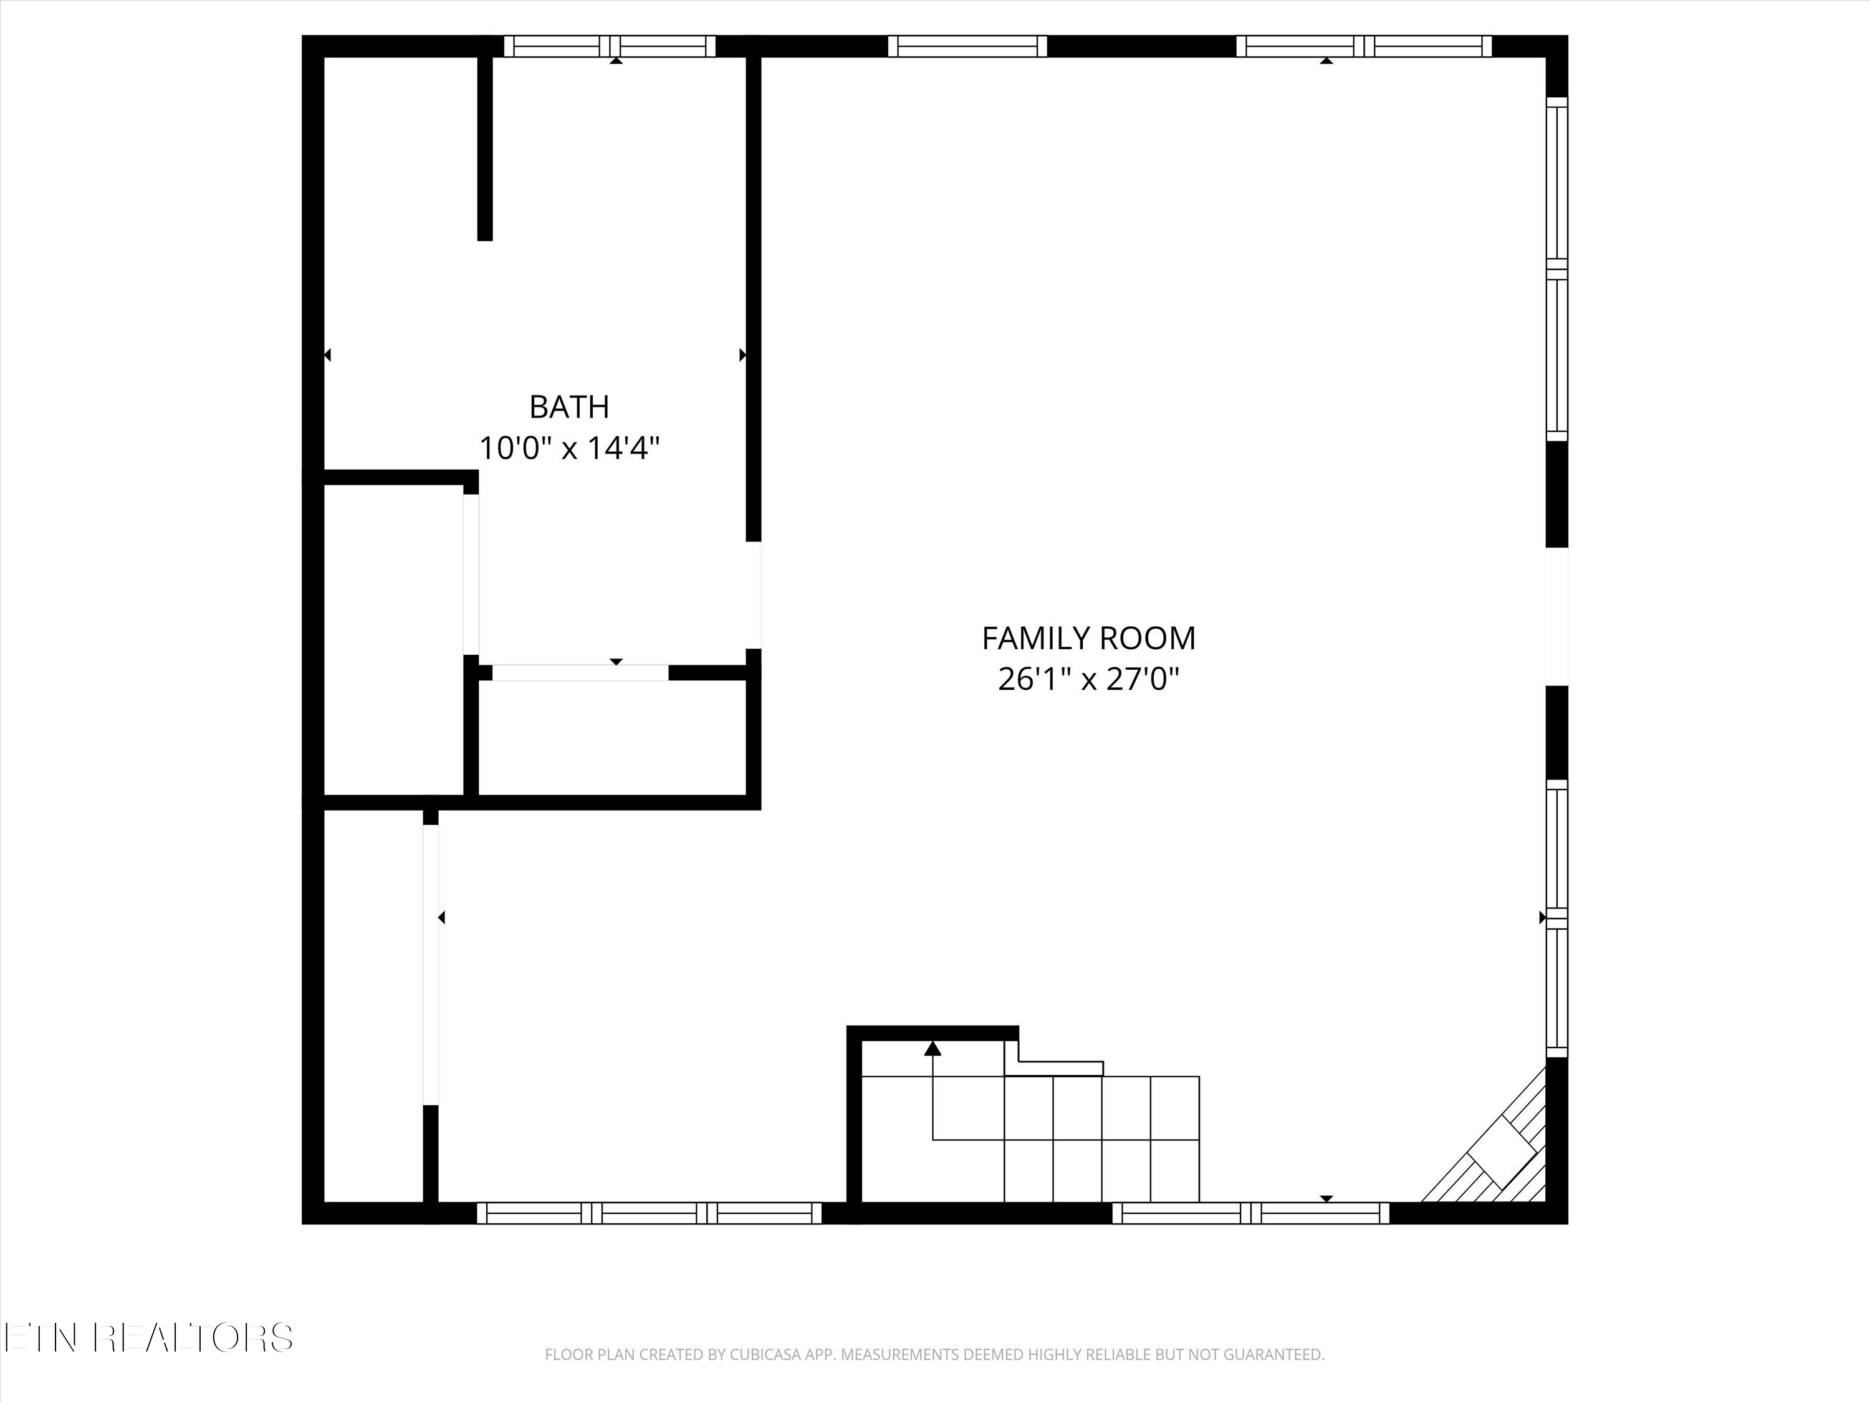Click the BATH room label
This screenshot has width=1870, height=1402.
569,408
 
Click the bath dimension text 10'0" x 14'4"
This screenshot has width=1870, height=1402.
569,448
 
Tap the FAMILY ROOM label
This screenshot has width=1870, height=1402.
1088,638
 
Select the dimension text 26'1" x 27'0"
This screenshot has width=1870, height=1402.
1088,679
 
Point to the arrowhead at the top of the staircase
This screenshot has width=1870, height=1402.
933,1049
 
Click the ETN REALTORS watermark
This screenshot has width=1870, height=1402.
148,1338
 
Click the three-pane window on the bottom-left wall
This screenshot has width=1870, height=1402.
650,1213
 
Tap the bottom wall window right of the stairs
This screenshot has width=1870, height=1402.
1250,1213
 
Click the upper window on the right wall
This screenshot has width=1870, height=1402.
1556,269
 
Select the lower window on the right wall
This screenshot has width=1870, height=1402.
1556,918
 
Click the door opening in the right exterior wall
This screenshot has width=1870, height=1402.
1556,616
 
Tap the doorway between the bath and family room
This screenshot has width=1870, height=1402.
753,595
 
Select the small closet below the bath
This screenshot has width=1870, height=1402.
612,737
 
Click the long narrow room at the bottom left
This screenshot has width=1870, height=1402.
373,1006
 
